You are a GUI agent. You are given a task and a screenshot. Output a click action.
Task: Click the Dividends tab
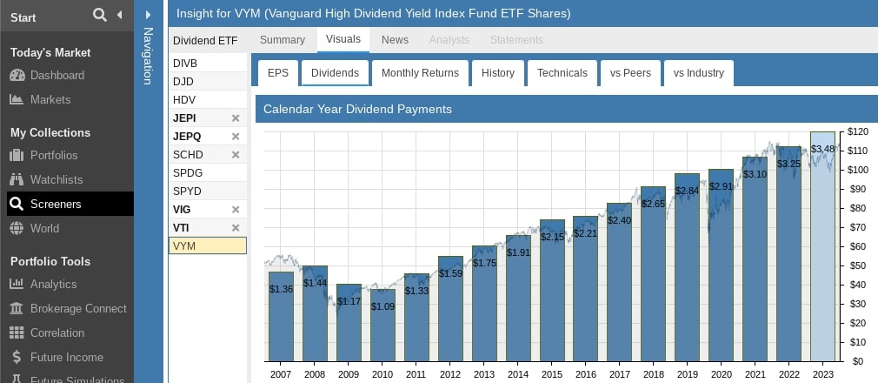[335, 73]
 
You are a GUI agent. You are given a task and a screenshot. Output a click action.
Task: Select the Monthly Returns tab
[420, 73]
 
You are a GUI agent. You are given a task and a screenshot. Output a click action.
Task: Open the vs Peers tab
[630, 73]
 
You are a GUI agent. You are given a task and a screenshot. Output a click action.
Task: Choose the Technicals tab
[562, 73]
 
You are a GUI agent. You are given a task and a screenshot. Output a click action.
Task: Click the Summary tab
[283, 40]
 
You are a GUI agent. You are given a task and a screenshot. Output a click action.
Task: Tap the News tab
[395, 40]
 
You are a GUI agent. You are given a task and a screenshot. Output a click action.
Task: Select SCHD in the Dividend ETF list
[189, 154]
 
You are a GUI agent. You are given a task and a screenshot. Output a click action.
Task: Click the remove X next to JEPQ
[235, 137]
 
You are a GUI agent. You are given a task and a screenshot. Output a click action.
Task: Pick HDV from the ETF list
[184, 99]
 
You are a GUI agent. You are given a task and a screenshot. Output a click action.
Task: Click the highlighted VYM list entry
[207, 246]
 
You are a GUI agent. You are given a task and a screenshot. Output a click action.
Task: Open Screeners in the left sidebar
[56, 204]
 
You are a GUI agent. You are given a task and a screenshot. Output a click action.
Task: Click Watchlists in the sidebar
[57, 179]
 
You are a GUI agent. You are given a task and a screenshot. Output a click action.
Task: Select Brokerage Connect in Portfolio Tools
[78, 308]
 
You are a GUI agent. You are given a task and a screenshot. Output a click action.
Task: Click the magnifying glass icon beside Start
[99, 15]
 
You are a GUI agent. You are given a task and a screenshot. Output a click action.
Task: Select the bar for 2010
[382, 326]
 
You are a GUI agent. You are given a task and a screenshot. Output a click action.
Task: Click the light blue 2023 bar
[822, 252]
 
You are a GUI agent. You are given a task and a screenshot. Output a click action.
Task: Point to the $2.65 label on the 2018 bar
[654, 204]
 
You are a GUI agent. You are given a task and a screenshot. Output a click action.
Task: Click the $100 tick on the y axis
[858, 170]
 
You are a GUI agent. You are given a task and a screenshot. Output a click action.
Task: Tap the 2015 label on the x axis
[552, 373]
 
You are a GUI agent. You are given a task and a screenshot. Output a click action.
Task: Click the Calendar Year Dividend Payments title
[357, 110]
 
